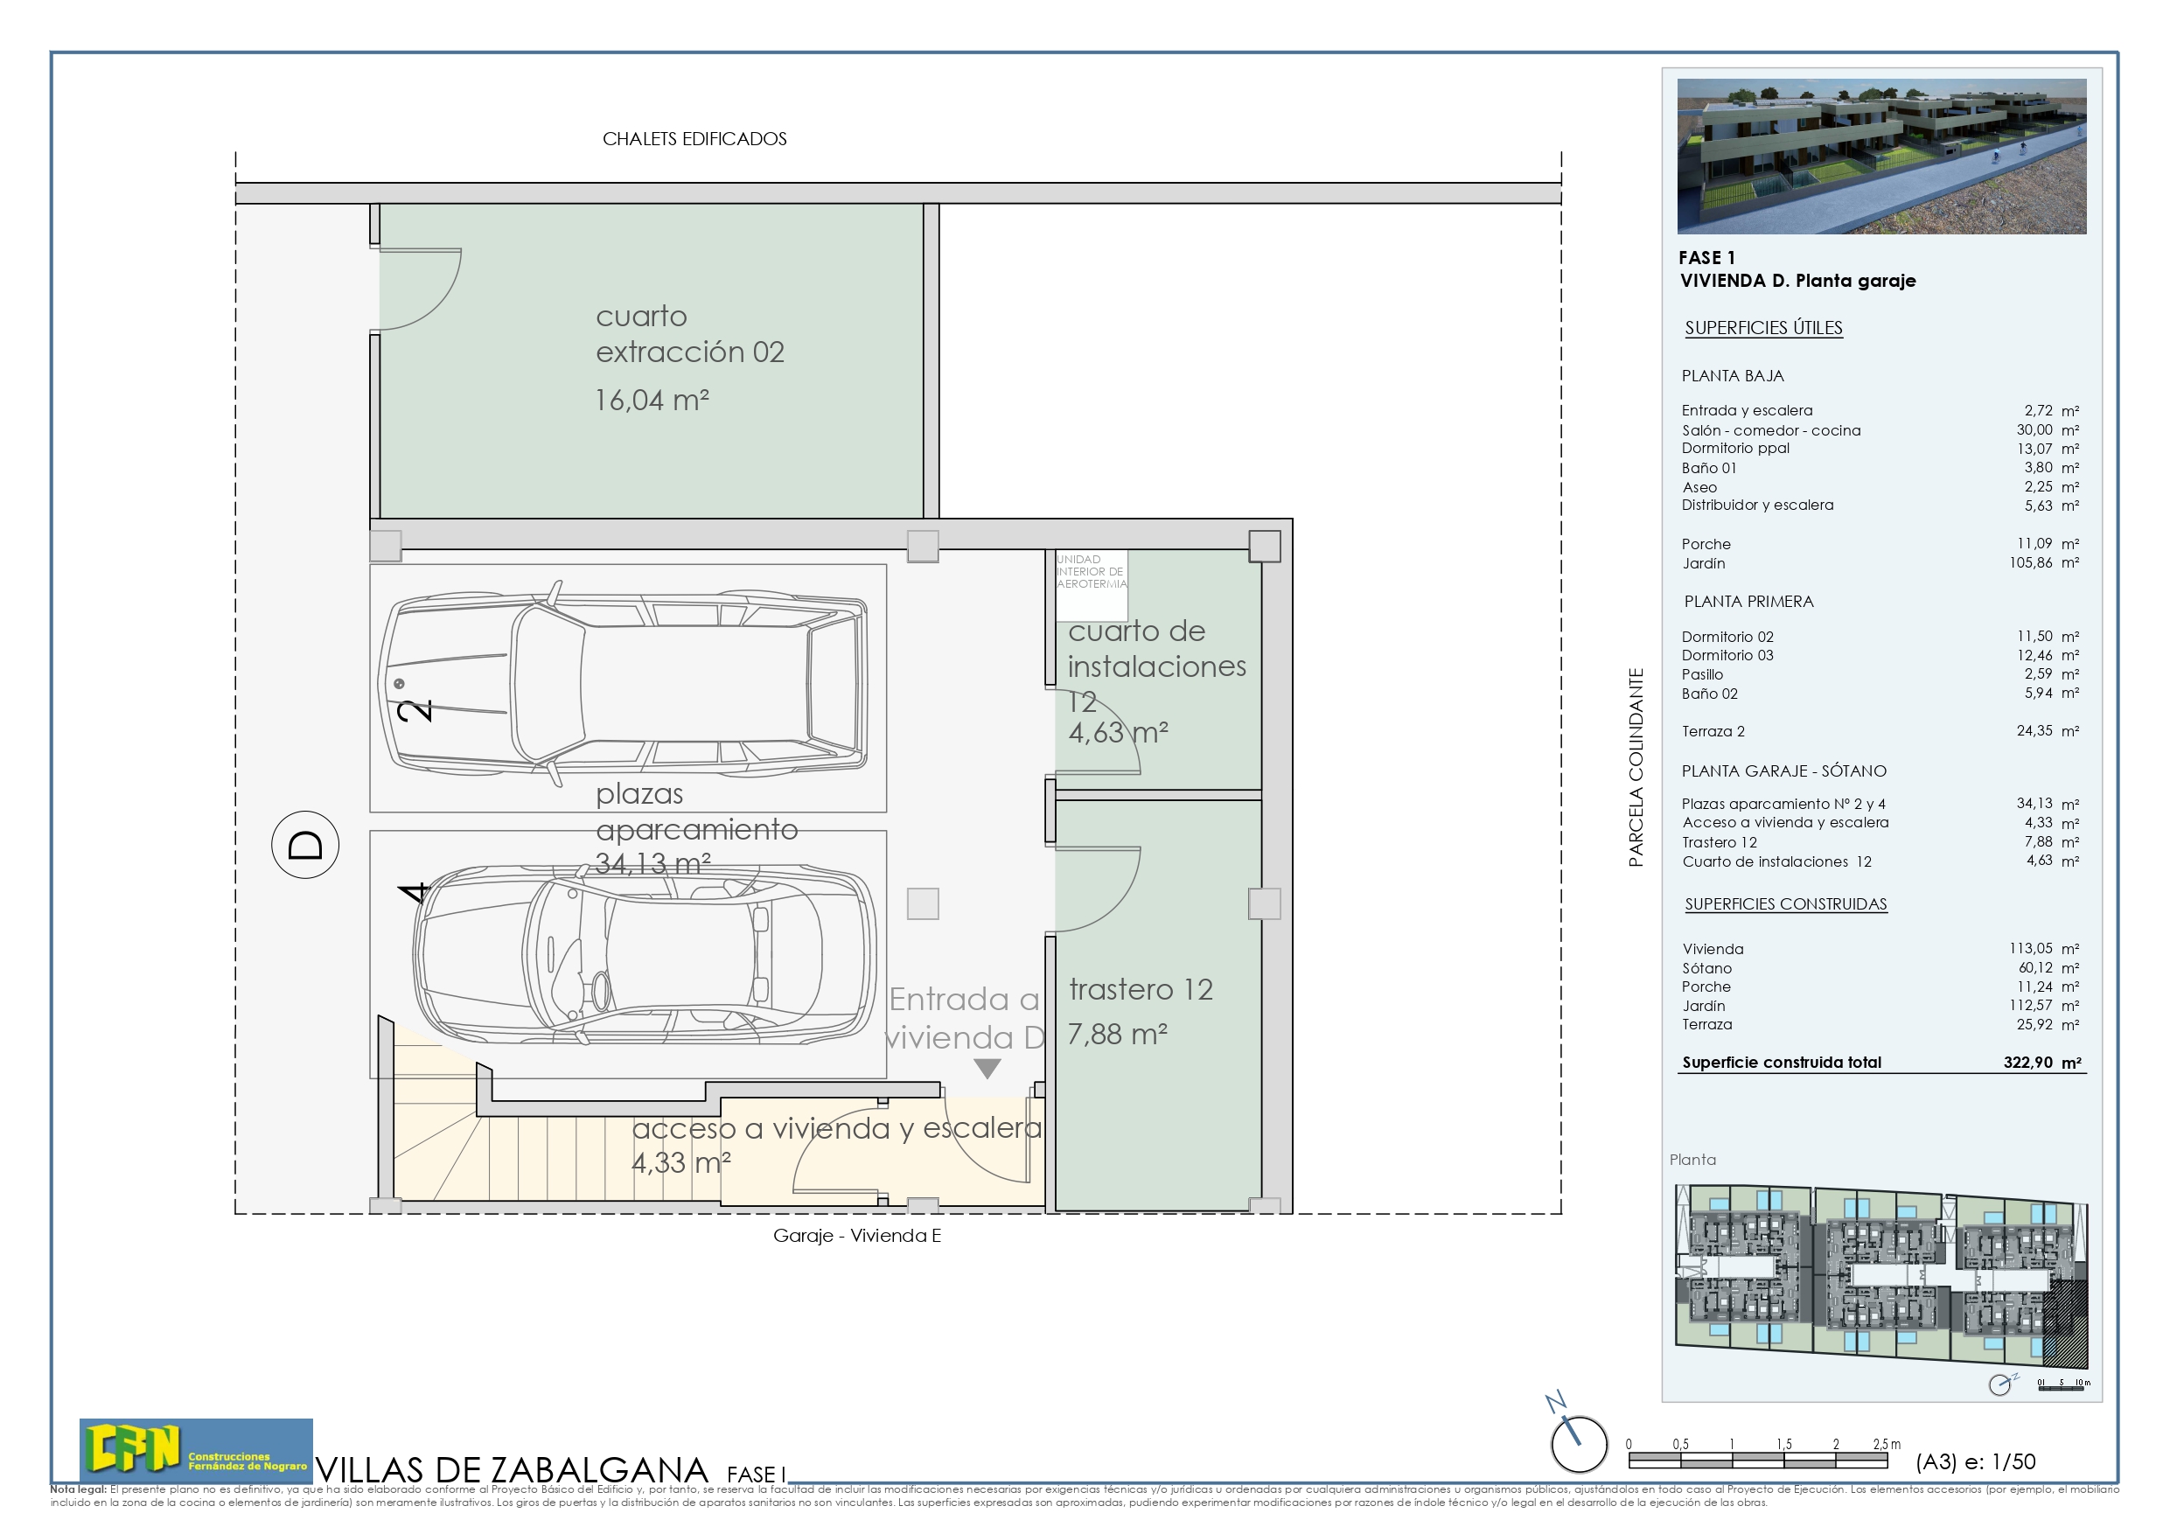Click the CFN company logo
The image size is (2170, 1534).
tap(195, 1450)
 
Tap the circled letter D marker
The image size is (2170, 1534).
tap(304, 844)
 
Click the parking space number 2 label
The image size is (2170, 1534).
tap(415, 710)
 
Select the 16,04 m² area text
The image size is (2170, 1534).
tap(652, 401)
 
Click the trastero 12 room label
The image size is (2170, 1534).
tap(1140, 990)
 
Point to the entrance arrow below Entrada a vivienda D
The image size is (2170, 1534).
tap(987, 1068)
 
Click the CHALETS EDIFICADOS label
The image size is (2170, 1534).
tap(694, 139)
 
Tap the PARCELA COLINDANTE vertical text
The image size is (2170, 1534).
tap(1635, 768)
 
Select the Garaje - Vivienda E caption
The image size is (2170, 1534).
tap(856, 1235)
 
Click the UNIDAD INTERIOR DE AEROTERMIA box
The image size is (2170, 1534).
tap(1091, 573)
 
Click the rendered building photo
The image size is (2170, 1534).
tap(1880, 156)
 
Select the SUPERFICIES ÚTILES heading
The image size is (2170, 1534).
tap(1762, 328)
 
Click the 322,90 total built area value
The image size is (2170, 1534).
tap(2027, 1063)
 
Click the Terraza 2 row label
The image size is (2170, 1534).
tap(1713, 731)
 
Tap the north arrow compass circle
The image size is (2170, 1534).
tap(1579, 1443)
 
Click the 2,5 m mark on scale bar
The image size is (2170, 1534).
tap(1886, 1444)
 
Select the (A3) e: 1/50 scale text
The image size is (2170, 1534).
tap(1974, 1461)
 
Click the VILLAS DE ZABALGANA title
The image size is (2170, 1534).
tap(512, 1470)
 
